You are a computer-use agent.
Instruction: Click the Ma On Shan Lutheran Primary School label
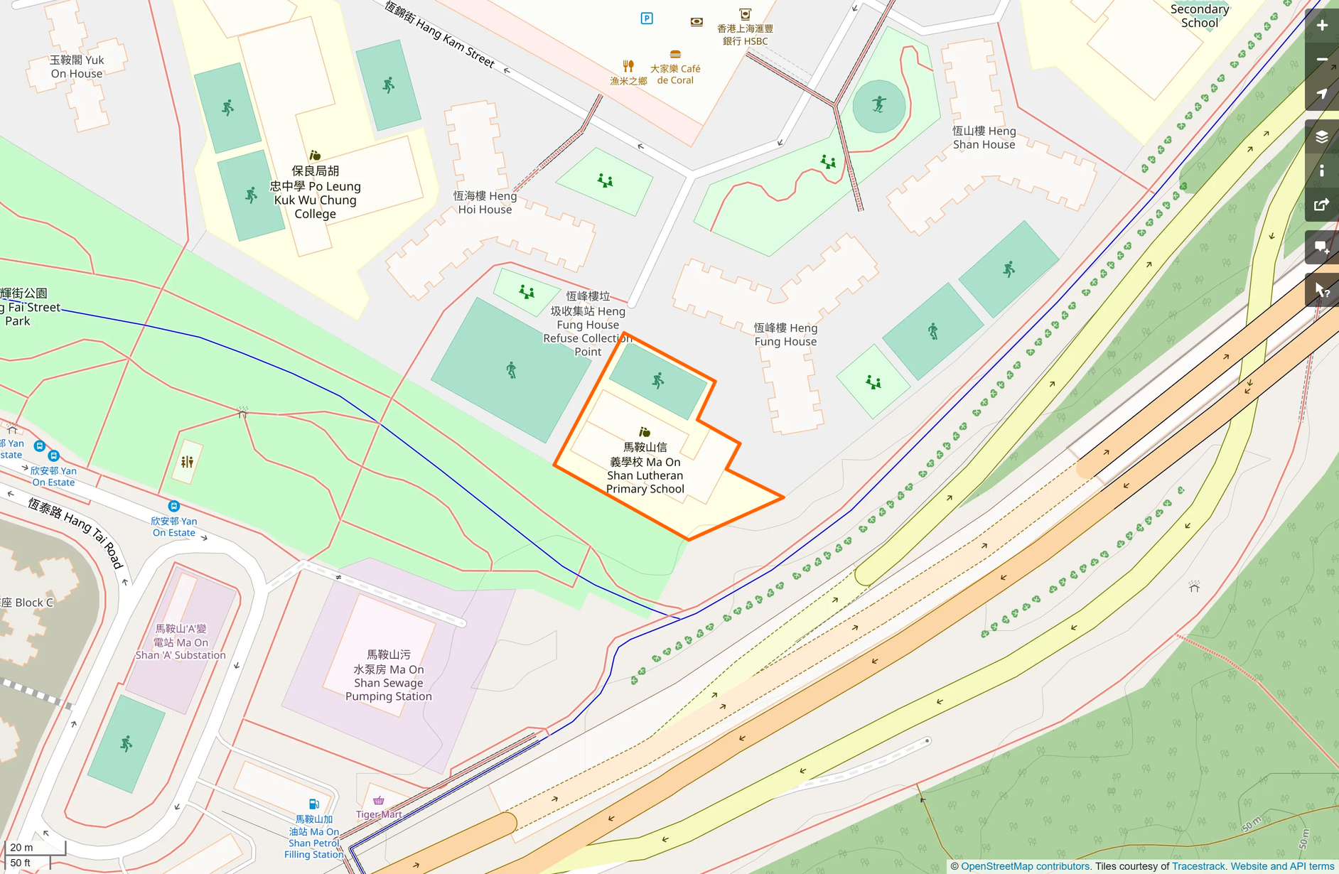[x=645, y=468]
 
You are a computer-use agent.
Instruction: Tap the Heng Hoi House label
[x=485, y=203]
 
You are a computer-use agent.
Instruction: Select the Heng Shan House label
[x=984, y=138]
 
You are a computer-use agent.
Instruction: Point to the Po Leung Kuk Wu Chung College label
[x=315, y=193]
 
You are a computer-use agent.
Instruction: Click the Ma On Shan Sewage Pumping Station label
[x=388, y=676]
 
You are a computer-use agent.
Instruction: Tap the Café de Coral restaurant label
[x=675, y=74]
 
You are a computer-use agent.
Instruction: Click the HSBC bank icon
[x=745, y=14]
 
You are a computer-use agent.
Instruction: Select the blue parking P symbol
[x=647, y=18]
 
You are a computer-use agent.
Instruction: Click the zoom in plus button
[x=1321, y=26]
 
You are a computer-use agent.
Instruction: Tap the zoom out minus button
[x=1321, y=60]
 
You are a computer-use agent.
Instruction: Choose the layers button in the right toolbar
[x=1321, y=136]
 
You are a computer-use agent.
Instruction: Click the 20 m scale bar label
[x=22, y=847]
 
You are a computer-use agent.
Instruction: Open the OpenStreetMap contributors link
[x=1024, y=866]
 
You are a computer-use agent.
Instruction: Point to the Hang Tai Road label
[x=76, y=532]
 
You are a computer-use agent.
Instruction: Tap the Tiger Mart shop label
[x=379, y=814]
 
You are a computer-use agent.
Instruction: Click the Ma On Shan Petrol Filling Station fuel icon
[x=313, y=804]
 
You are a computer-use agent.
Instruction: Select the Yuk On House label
[x=77, y=67]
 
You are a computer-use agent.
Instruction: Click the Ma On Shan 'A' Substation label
[x=181, y=642]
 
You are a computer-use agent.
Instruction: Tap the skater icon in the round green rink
[x=879, y=105]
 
